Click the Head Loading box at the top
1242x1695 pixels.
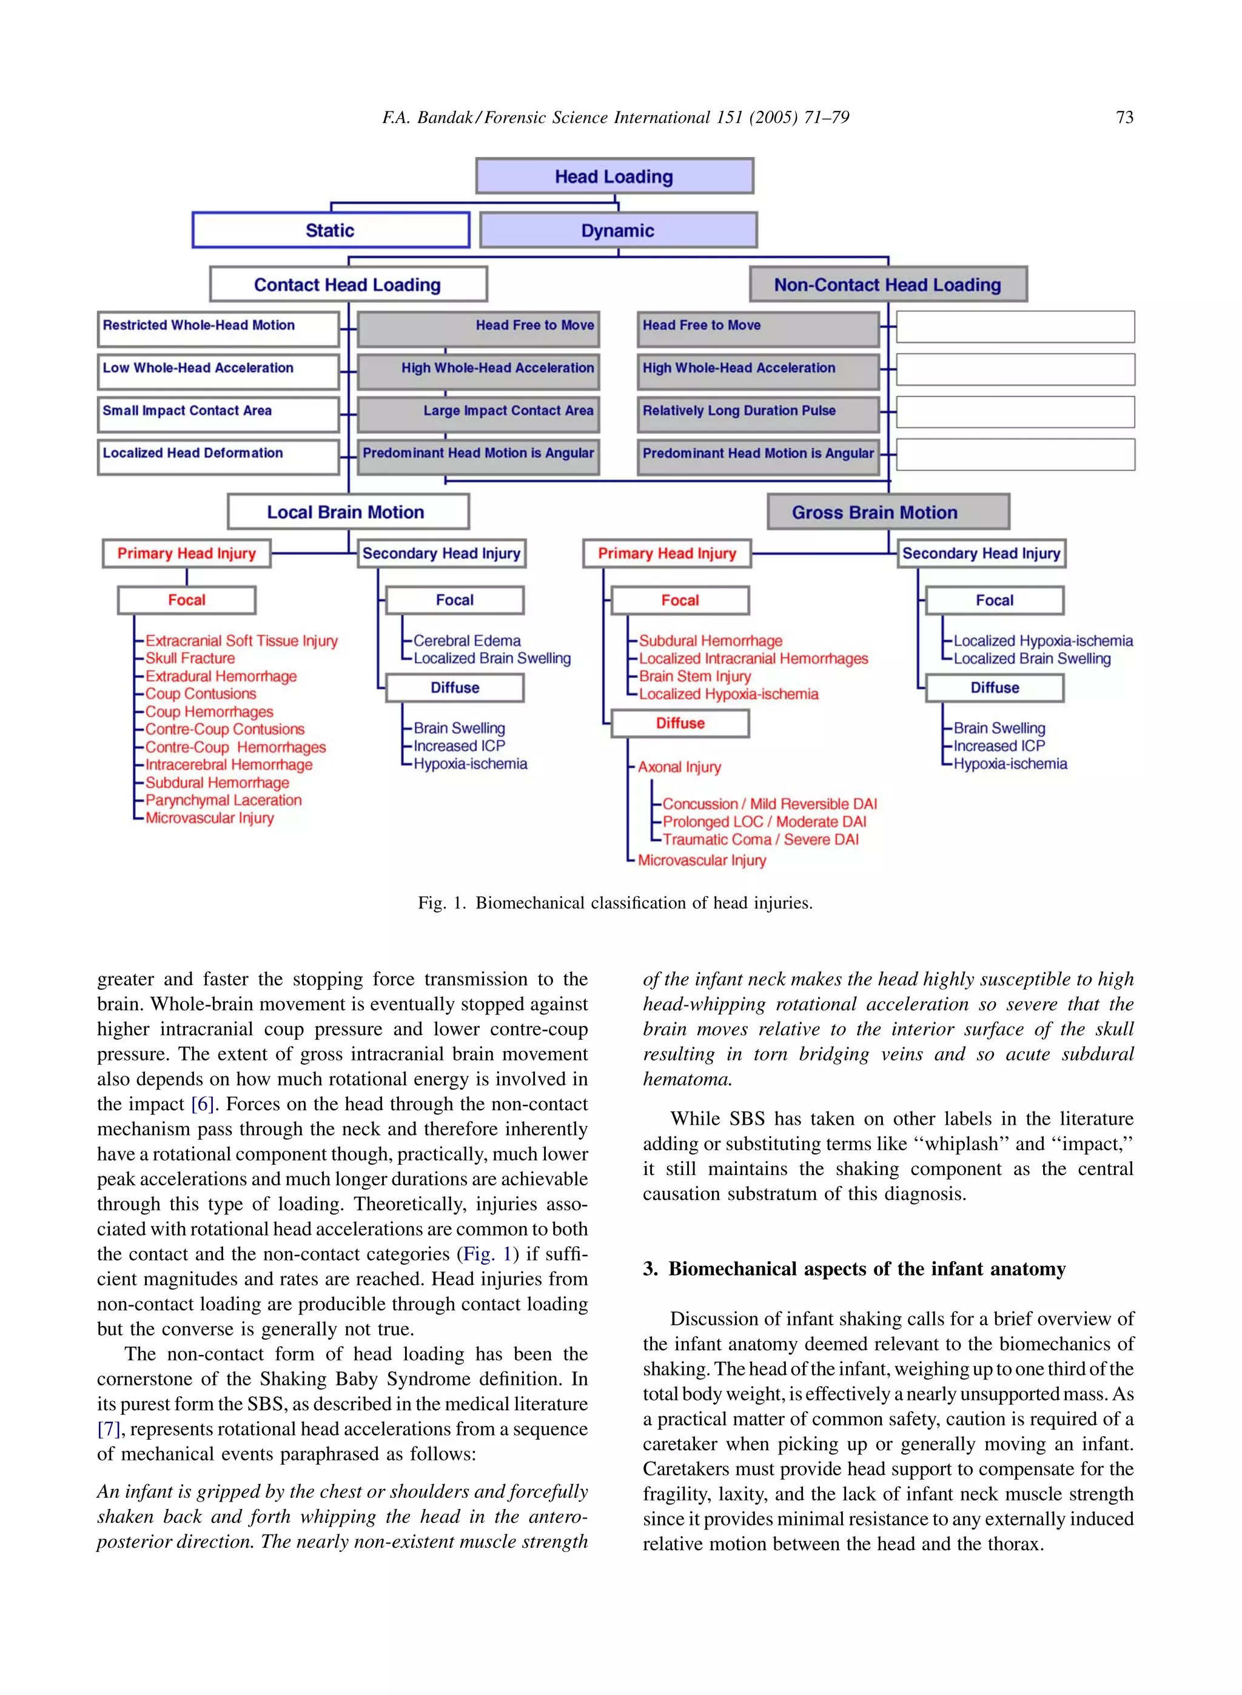coord(614,176)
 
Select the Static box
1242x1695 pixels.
coord(330,230)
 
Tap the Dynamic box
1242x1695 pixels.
coord(618,230)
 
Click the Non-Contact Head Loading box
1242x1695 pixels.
coord(888,285)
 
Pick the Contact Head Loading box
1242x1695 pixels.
coord(348,285)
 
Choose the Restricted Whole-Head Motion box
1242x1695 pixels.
coord(218,328)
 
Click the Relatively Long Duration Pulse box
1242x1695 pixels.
coord(758,413)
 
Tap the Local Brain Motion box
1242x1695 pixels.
coord(348,511)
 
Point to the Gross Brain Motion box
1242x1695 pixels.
coord(888,511)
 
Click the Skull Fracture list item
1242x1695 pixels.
coord(190,658)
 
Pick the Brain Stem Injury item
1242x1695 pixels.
coord(694,676)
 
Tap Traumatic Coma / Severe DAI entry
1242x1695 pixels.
coord(760,839)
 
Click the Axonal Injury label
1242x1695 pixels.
coord(680,767)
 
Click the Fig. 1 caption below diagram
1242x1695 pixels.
coord(615,902)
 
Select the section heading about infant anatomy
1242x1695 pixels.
coord(854,1268)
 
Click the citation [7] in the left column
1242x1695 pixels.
coord(109,1428)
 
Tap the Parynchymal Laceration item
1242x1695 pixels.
coord(223,800)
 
